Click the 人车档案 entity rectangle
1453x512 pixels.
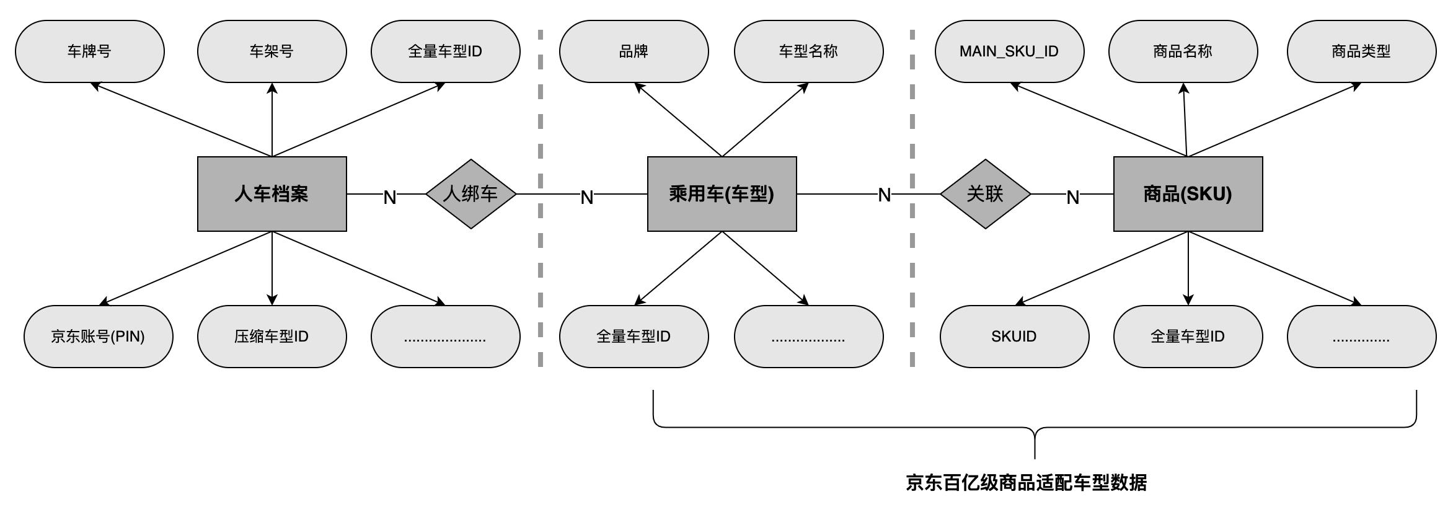pyautogui.click(x=272, y=194)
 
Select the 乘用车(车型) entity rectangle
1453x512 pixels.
pyautogui.click(x=722, y=194)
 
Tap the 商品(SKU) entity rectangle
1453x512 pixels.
pyautogui.click(x=1188, y=194)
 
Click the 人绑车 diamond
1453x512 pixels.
pyautogui.click(x=470, y=194)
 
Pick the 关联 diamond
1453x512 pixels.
pyautogui.click(x=985, y=194)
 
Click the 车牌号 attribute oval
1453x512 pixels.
pyautogui.click(x=90, y=51)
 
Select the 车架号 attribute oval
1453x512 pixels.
pyautogui.click(x=272, y=51)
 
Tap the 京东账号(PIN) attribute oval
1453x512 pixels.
pyautogui.click(x=98, y=337)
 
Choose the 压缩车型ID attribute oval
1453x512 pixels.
pyautogui.click(x=272, y=337)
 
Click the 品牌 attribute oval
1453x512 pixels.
pyautogui.click(x=634, y=51)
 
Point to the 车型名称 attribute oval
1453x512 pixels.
pyautogui.click(x=808, y=51)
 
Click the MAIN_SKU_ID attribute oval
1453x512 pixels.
pyautogui.click(x=1009, y=51)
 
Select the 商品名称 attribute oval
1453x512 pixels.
pyautogui.click(x=1183, y=51)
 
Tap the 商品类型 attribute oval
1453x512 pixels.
pyautogui.click(x=1361, y=51)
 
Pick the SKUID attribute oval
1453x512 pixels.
pyautogui.click(x=1014, y=337)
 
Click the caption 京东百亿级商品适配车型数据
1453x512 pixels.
pyautogui.click(x=1027, y=482)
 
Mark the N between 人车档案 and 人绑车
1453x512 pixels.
pyautogui.click(x=389, y=197)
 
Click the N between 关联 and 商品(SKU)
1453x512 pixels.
pyautogui.click(x=1072, y=197)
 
